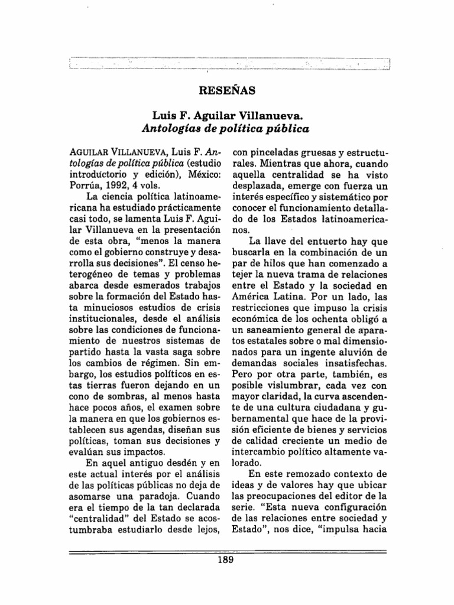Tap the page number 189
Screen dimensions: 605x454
(227, 561)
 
